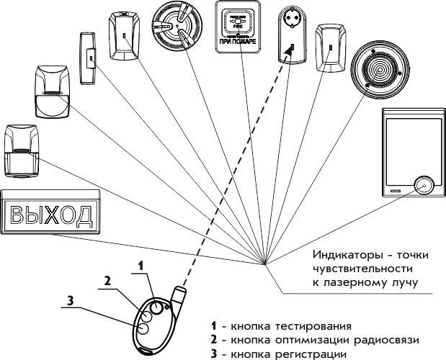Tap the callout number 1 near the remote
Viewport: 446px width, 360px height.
click(x=142, y=265)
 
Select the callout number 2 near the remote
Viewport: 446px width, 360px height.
click(x=107, y=281)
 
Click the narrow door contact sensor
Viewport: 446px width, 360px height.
click(x=89, y=55)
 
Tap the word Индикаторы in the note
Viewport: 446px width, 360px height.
click(x=342, y=255)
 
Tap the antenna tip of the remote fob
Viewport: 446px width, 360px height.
click(x=180, y=290)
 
